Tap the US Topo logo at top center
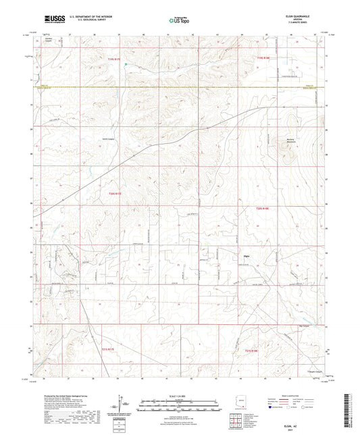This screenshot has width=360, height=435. [179, 22]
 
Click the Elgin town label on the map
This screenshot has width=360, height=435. [247, 256]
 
